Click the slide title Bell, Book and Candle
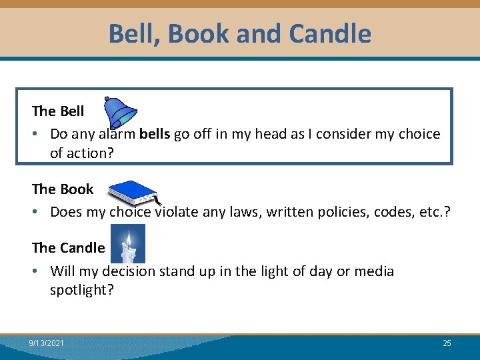(x=240, y=32)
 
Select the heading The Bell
(x=58, y=111)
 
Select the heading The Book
(x=63, y=189)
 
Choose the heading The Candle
(x=68, y=247)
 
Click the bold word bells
(x=155, y=134)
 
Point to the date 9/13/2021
(x=47, y=343)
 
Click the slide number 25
(x=447, y=343)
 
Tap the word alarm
(x=118, y=134)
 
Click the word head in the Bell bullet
(x=270, y=134)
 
